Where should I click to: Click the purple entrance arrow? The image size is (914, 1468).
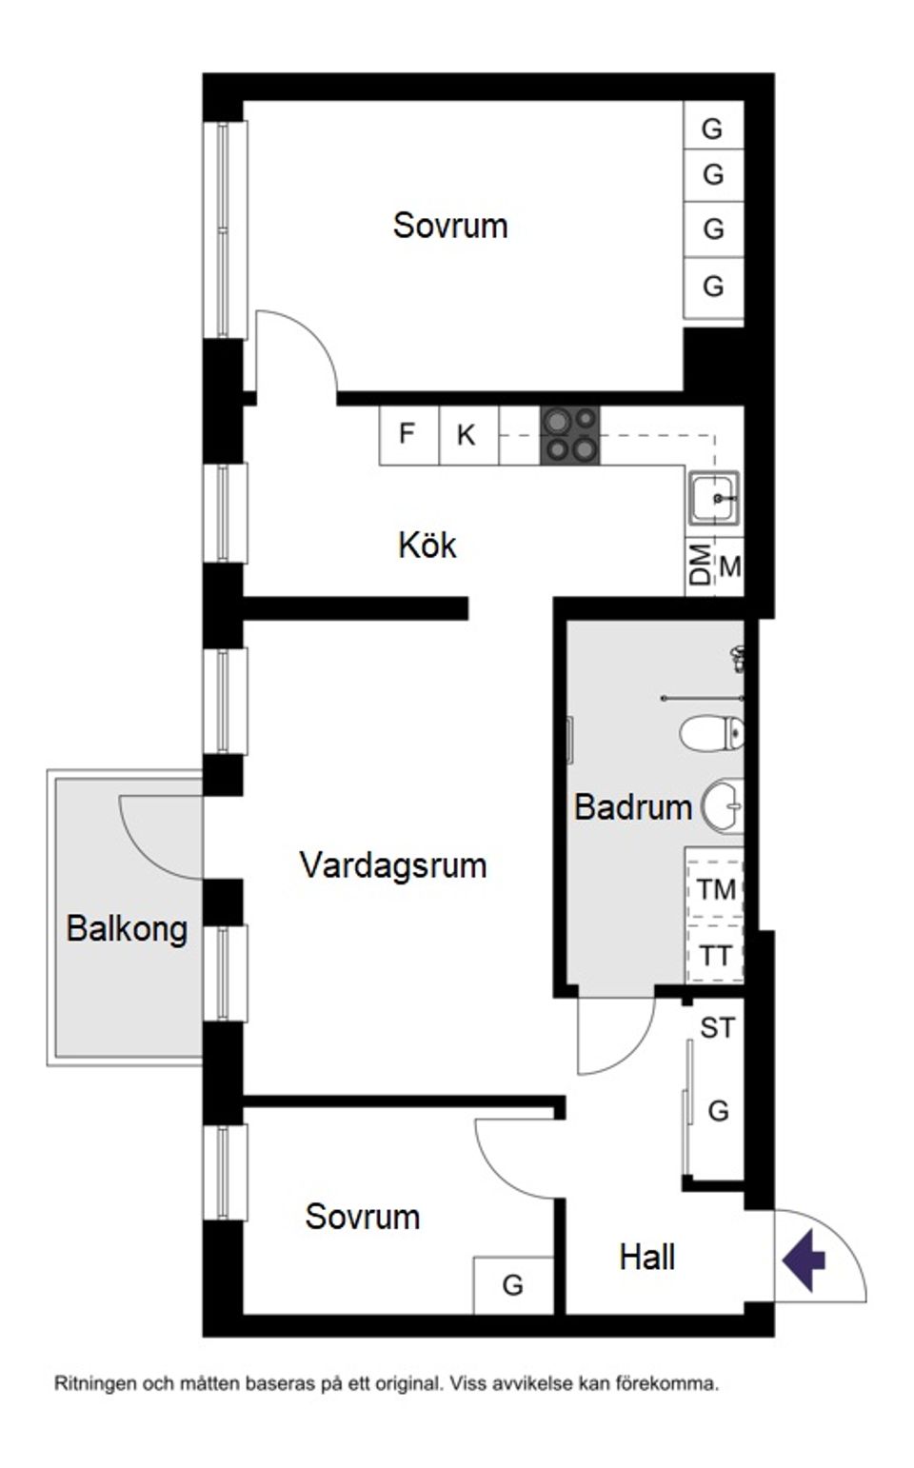(804, 1260)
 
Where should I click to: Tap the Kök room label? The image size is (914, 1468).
(427, 546)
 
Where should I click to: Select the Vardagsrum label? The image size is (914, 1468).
(392, 865)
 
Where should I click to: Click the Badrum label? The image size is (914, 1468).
(632, 807)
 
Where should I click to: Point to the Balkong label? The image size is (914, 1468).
(127, 928)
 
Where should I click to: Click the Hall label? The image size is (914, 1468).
(646, 1257)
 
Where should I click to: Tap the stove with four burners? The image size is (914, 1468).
(569, 435)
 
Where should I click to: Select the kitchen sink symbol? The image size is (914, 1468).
(713, 497)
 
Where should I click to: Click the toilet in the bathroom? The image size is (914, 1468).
(711, 733)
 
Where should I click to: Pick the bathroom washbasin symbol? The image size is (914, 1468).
(724, 806)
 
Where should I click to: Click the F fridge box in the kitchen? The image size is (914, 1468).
(407, 434)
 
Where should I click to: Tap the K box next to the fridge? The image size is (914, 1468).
(467, 435)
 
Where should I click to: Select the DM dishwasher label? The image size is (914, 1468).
(701, 565)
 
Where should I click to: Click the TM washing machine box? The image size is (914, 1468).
(715, 889)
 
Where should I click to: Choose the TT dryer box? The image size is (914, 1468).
(715, 955)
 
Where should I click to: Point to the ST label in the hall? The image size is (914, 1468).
(717, 1028)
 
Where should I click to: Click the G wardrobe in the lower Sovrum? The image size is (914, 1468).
(513, 1285)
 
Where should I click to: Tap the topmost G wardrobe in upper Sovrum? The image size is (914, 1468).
(712, 129)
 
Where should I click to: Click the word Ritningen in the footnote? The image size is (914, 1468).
(95, 1383)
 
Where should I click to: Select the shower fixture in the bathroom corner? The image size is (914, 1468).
(738, 658)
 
